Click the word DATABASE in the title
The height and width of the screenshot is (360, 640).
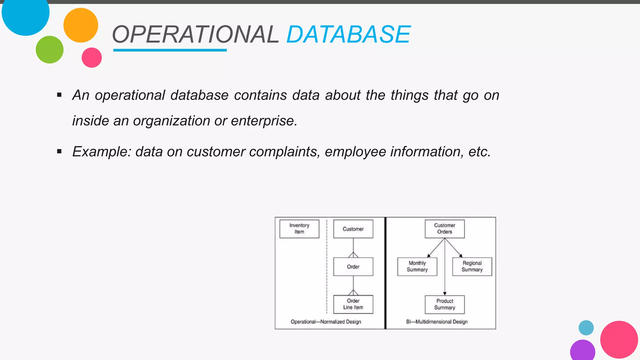coord(348,34)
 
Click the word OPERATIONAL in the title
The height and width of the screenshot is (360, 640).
coord(195,34)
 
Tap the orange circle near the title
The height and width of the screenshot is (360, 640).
coord(81,25)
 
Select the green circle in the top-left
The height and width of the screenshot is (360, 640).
coord(50,50)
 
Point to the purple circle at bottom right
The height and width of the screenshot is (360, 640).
coord(582,351)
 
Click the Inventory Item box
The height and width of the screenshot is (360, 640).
coord(299,229)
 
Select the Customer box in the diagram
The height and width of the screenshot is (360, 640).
coord(353,229)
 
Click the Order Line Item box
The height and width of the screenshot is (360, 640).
coord(353,304)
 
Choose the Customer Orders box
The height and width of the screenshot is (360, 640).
coord(444,229)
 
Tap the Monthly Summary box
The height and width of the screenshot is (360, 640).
coord(417,267)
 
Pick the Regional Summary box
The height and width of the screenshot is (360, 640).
coord(472,267)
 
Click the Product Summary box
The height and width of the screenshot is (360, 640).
coord(444,304)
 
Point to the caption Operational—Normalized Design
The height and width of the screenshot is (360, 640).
coord(326,322)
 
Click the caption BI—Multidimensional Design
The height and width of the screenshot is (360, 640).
coord(437,322)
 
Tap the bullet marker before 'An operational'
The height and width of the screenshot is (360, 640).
coord(59,95)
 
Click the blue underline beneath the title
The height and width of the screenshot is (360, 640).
coord(170,50)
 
